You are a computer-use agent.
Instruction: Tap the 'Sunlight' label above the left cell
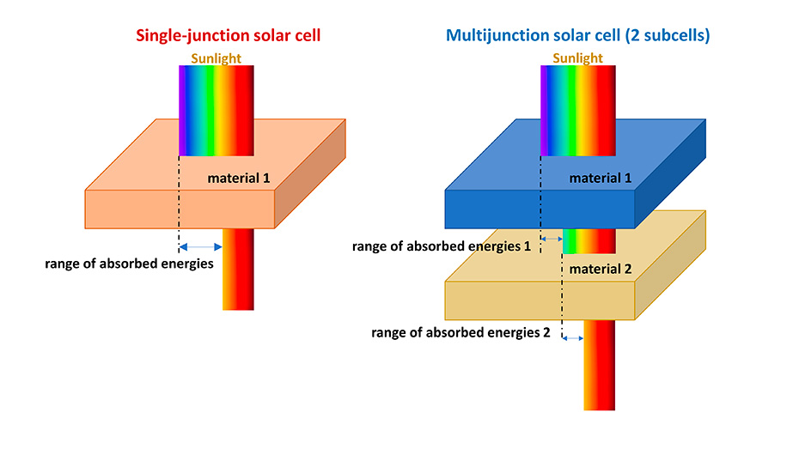point(216,58)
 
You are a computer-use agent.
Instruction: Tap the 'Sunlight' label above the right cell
point(577,58)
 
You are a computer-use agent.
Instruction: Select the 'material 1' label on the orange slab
point(239,179)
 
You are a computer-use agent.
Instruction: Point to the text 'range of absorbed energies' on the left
point(129,264)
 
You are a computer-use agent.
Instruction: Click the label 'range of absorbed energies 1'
point(442,246)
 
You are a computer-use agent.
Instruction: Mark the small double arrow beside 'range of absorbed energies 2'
point(571,338)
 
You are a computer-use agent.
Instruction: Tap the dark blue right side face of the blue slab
point(670,176)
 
